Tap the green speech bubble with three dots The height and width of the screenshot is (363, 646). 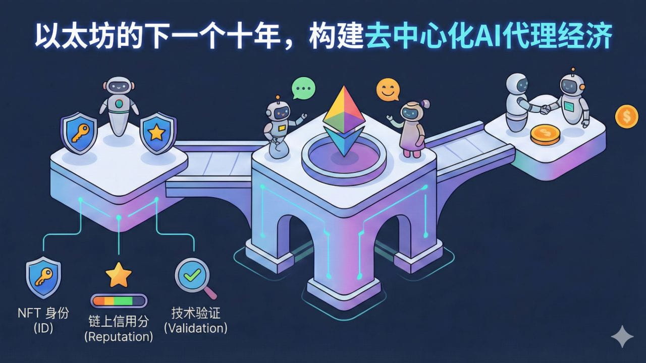pyautogui.click(x=303, y=88)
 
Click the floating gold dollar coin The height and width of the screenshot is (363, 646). pyautogui.click(x=626, y=116)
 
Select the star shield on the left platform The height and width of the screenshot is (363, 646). pyautogui.click(x=156, y=133)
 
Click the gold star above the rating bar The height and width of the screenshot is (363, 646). pyautogui.click(x=119, y=275)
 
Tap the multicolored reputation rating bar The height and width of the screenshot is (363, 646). pyautogui.click(x=119, y=301)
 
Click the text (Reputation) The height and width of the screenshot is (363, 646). pyautogui.click(x=119, y=336)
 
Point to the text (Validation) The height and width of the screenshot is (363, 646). pyautogui.click(x=196, y=328)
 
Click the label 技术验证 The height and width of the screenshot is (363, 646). pyautogui.click(x=196, y=313)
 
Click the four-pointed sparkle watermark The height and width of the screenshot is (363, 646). pyautogui.click(x=622, y=336)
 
